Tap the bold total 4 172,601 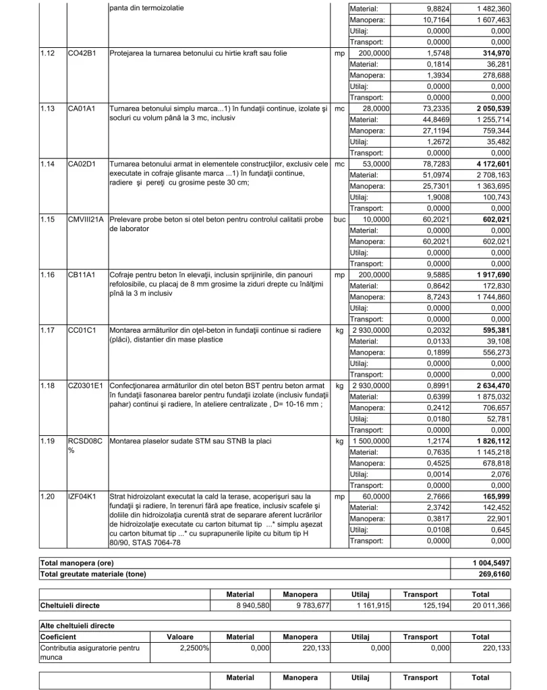[492, 164]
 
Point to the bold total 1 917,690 [492, 275]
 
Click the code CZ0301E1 [86, 385]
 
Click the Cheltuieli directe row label [70, 606]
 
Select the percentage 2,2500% [193, 648]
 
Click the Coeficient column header [58, 637]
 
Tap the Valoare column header [180, 637]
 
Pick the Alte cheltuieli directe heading [78, 626]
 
